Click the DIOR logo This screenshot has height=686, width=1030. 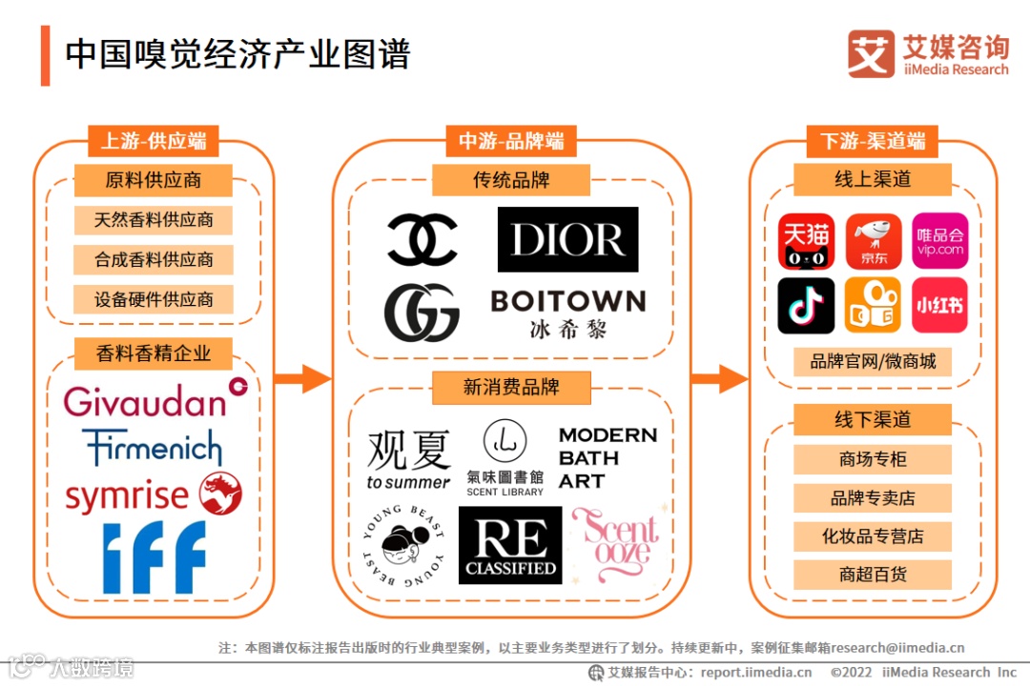[x=567, y=239]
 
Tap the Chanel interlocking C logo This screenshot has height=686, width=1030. [x=422, y=239]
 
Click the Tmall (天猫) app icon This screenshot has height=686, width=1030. [x=806, y=240]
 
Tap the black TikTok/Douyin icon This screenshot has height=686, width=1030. [x=806, y=305]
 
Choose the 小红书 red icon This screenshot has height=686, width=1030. [x=939, y=305]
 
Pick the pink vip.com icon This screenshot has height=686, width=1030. [x=939, y=240]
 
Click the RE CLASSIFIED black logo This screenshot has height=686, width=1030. [x=510, y=545]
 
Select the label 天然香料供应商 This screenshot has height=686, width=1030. [x=154, y=220]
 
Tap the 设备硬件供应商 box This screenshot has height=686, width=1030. [x=154, y=299]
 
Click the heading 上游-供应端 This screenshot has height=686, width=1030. [x=154, y=141]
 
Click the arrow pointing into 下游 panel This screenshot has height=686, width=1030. [x=719, y=378]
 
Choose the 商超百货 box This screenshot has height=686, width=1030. [x=873, y=575]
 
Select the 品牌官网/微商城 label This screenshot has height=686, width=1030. [x=873, y=362]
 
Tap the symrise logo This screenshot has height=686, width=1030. [x=153, y=495]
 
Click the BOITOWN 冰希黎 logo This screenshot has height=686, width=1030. [x=567, y=313]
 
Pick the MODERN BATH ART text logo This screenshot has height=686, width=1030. [x=608, y=458]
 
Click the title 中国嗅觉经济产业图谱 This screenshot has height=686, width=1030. [x=237, y=54]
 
